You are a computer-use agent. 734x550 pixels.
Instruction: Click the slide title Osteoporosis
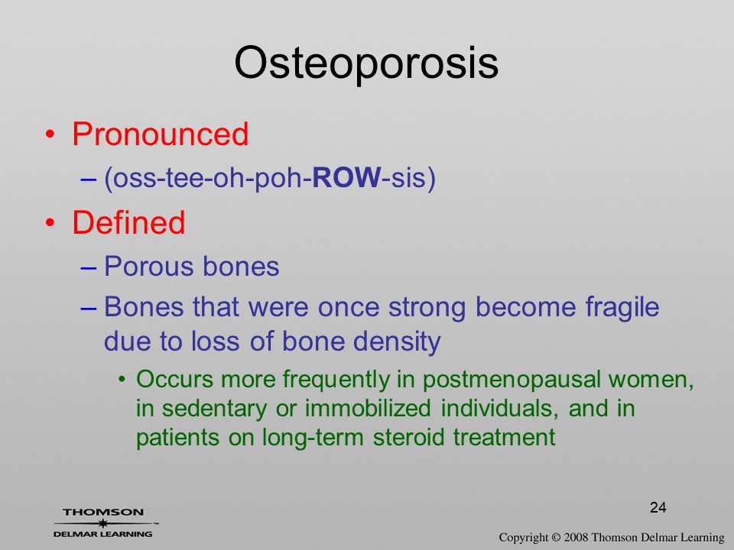click(366, 63)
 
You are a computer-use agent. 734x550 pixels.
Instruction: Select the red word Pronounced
click(160, 134)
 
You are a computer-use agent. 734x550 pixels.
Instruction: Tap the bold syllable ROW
click(346, 178)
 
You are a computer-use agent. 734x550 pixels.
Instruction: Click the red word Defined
click(128, 222)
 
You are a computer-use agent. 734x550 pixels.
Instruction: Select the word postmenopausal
click(512, 380)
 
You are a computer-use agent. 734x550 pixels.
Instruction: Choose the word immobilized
click(368, 408)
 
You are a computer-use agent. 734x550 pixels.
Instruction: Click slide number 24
click(658, 507)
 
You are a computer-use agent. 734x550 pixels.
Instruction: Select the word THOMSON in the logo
click(103, 512)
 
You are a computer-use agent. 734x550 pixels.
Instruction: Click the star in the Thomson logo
click(102, 523)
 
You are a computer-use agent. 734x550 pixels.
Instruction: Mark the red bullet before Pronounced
click(50, 135)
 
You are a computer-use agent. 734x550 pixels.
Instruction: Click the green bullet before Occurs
click(122, 380)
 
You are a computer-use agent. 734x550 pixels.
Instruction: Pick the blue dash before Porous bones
click(88, 268)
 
